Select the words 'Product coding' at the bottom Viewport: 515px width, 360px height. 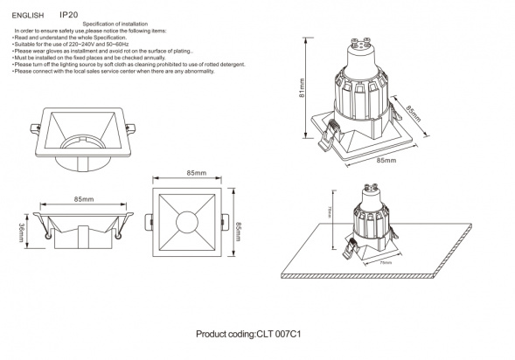tap(225, 335)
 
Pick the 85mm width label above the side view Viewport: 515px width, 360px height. tap(84, 200)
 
